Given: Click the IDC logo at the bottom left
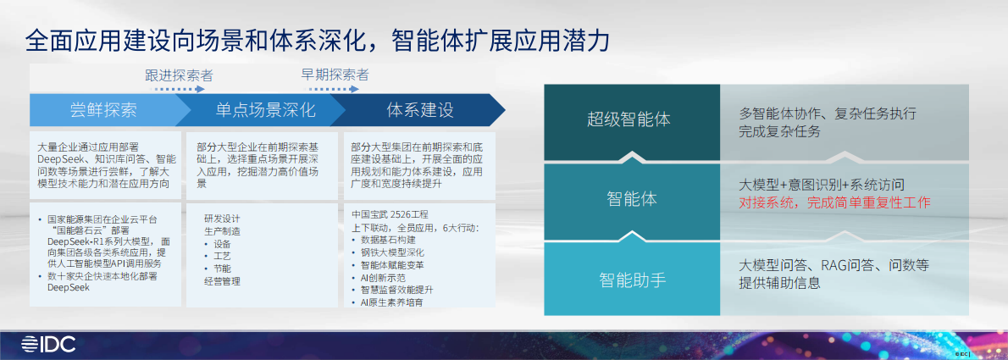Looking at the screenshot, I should tap(49, 343).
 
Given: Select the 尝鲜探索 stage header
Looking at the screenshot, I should tap(103, 110).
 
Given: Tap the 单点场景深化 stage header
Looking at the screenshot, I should tap(265, 110).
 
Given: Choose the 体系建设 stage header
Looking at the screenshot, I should tap(420, 110).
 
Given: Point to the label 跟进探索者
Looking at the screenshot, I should tap(179, 75).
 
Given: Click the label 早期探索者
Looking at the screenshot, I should tap(335, 75).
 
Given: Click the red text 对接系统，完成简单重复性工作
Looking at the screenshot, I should tap(834, 203).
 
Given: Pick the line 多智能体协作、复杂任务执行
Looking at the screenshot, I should tap(827, 113).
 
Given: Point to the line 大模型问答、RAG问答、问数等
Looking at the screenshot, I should tap(834, 265).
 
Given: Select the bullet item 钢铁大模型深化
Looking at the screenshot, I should tap(392, 252).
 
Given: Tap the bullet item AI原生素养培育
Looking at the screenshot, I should tap(392, 302).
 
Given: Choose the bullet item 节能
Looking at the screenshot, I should tap(222, 268).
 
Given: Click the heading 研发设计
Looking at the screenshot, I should tap(222, 218).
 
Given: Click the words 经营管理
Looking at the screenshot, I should tap(222, 280).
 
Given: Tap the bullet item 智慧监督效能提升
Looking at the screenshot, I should tap(397, 289).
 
